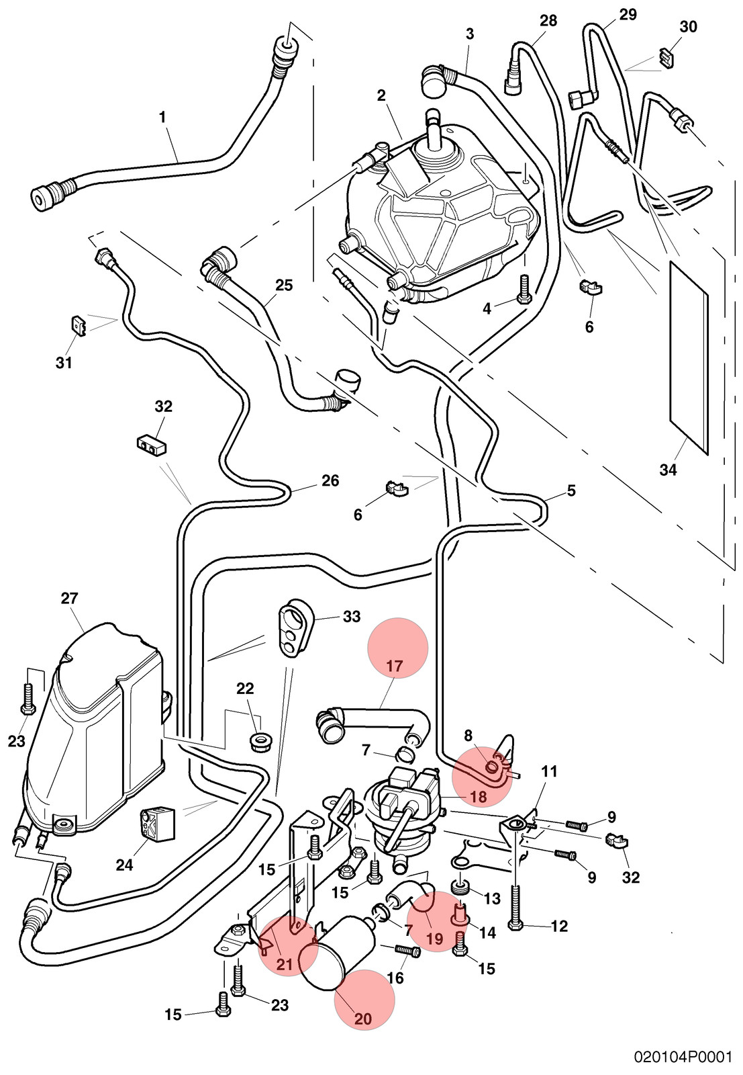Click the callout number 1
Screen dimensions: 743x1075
tap(162, 118)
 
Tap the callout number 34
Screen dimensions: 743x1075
tap(668, 470)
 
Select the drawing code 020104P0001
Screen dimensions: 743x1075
tap(683, 1058)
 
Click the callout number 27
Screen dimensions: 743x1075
tap(69, 599)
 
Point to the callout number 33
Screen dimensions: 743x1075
tap(352, 616)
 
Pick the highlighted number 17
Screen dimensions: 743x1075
tap(395, 666)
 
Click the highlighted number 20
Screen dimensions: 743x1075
tap(363, 1019)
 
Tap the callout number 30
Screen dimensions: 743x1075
tap(688, 27)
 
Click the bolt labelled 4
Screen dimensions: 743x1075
tap(524, 289)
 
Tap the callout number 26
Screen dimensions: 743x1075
tap(330, 480)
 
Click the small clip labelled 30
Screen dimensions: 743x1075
tap(667, 58)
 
